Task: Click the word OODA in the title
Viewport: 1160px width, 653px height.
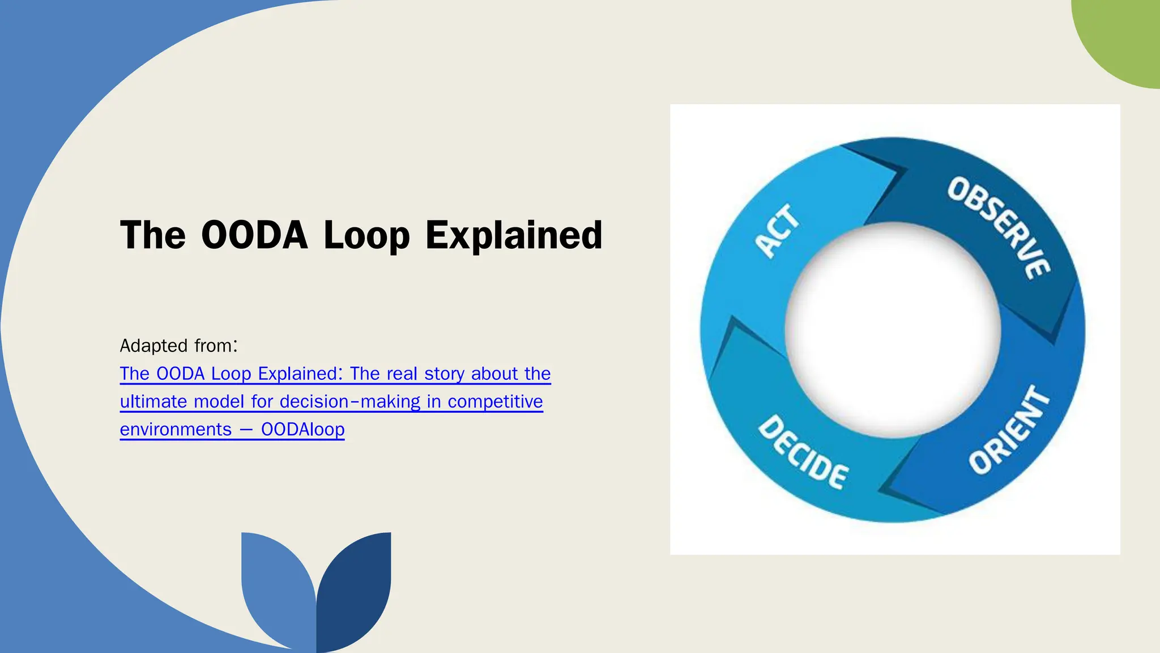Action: click(x=254, y=235)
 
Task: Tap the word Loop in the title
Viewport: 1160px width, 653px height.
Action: click(x=366, y=236)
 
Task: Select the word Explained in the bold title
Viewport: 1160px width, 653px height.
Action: click(x=514, y=235)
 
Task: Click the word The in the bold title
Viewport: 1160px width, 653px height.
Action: click(x=153, y=235)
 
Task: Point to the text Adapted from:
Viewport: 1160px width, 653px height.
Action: click(x=179, y=345)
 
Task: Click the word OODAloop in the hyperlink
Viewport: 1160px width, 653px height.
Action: click(x=302, y=429)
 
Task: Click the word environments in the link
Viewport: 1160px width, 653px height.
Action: click(x=176, y=429)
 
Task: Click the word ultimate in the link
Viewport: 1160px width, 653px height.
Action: click(x=153, y=401)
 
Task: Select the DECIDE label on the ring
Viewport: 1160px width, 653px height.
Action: click(x=803, y=452)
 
